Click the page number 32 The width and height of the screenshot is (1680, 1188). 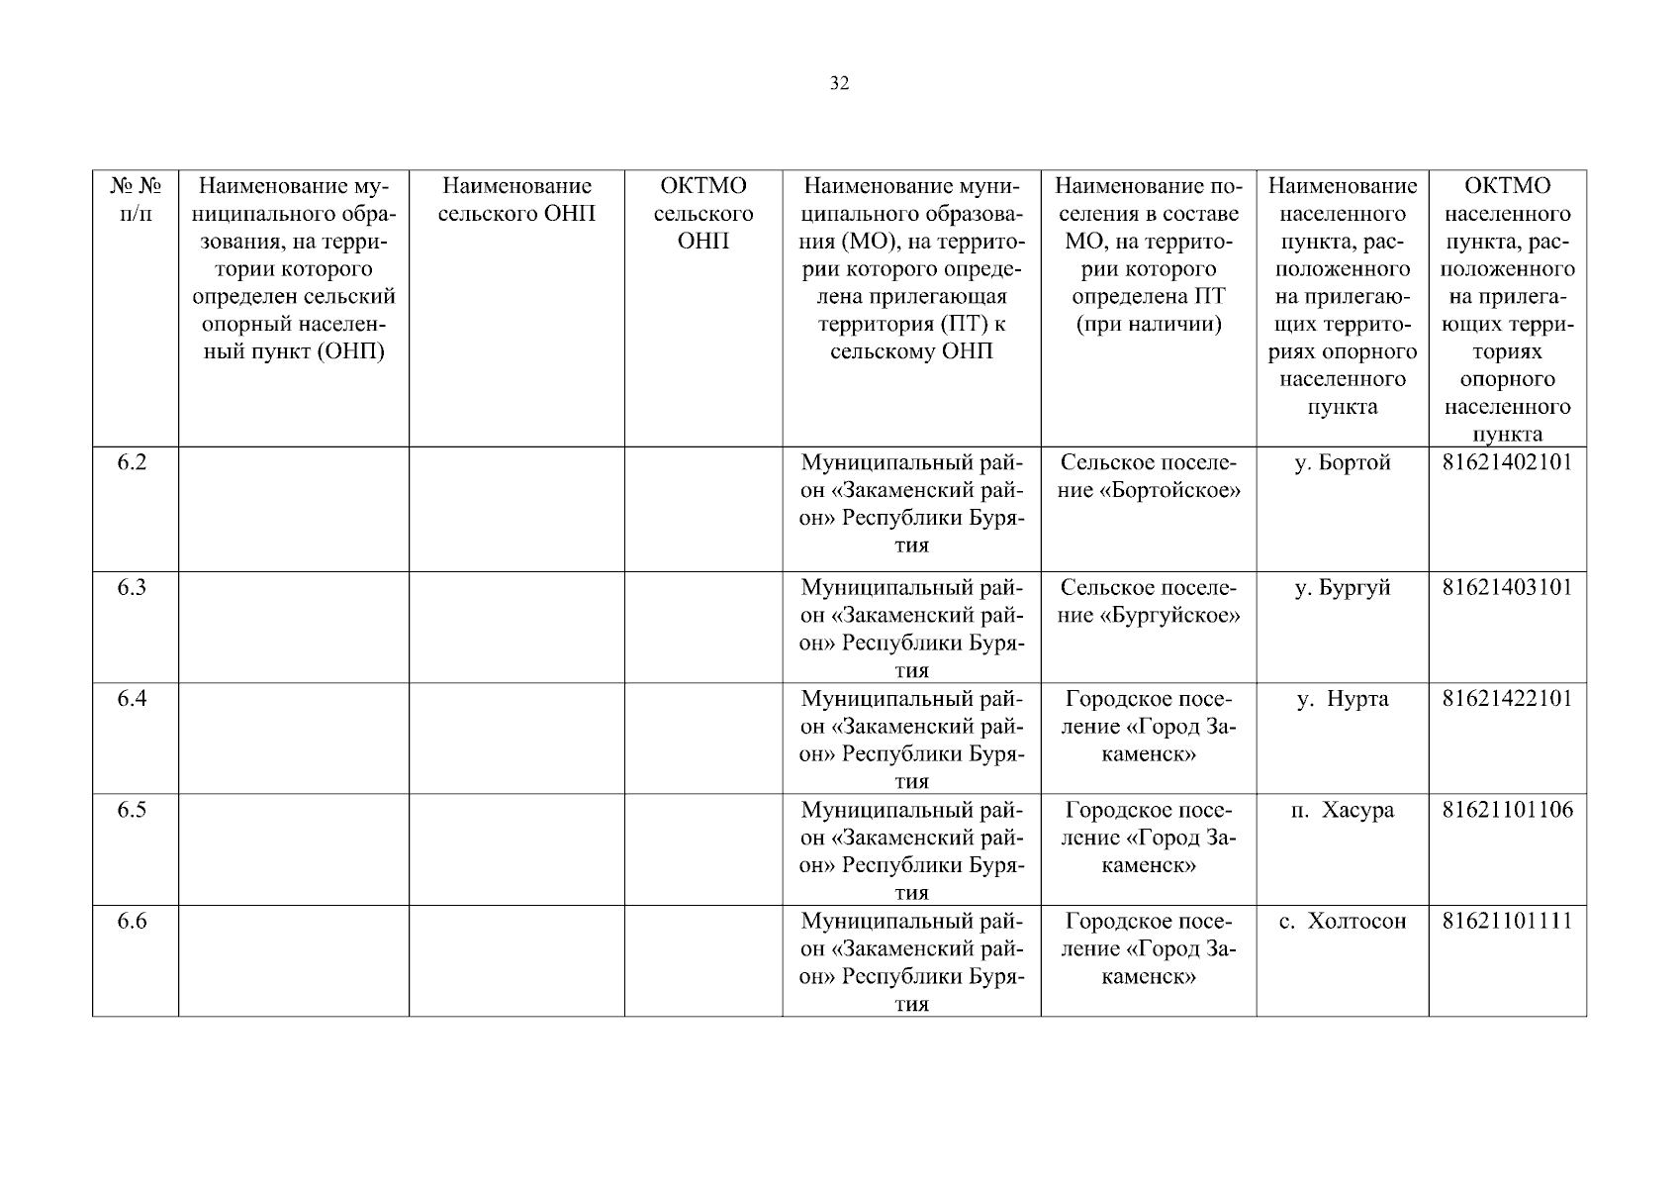pyautogui.click(x=839, y=84)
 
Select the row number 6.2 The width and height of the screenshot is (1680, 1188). pyautogui.click(x=133, y=462)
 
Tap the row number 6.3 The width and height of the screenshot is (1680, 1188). pyautogui.click(x=133, y=587)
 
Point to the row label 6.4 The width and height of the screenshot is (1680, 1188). pyautogui.click(x=133, y=699)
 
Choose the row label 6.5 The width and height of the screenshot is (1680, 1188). pyautogui.click(x=133, y=810)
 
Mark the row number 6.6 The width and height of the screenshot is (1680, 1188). pyautogui.click(x=133, y=921)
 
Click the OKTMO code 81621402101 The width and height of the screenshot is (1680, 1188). pyautogui.click(x=1507, y=462)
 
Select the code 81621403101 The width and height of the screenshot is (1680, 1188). pyautogui.click(x=1507, y=587)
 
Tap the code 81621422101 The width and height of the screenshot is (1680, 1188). pyautogui.click(x=1507, y=699)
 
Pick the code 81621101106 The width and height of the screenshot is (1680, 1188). pyautogui.click(x=1507, y=810)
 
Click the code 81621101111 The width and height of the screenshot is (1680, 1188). pyautogui.click(x=1507, y=921)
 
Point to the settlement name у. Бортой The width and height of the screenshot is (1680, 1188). pyautogui.click(x=1343, y=462)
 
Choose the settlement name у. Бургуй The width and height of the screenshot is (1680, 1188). pyautogui.click(x=1343, y=587)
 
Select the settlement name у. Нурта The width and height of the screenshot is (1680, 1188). pyautogui.click(x=1343, y=699)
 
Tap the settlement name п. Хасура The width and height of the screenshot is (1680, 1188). pyautogui.click(x=1343, y=810)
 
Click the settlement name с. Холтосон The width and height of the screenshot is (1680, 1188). pyautogui.click(x=1343, y=921)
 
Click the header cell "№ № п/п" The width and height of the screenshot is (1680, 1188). pyautogui.click(x=136, y=200)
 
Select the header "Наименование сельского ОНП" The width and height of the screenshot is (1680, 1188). pyautogui.click(x=516, y=200)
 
